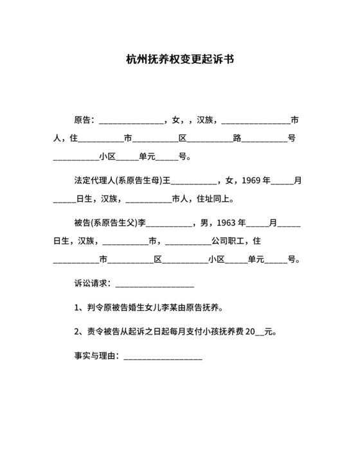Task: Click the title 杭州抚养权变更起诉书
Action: [179, 59]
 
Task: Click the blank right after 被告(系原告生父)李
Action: [170, 225]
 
